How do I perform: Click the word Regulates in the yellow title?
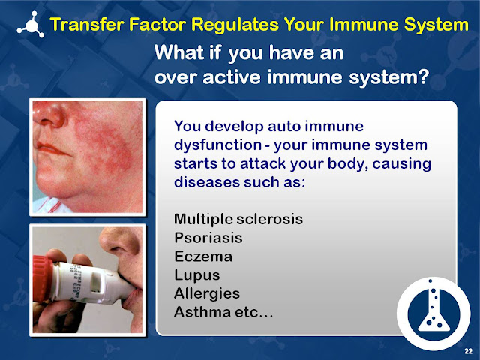tap(244, 25)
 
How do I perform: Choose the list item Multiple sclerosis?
tap(238, 220)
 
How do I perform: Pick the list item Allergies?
tap(206, 292)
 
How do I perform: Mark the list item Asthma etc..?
tap(223, 310)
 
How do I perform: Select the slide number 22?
tap(467, 350)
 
